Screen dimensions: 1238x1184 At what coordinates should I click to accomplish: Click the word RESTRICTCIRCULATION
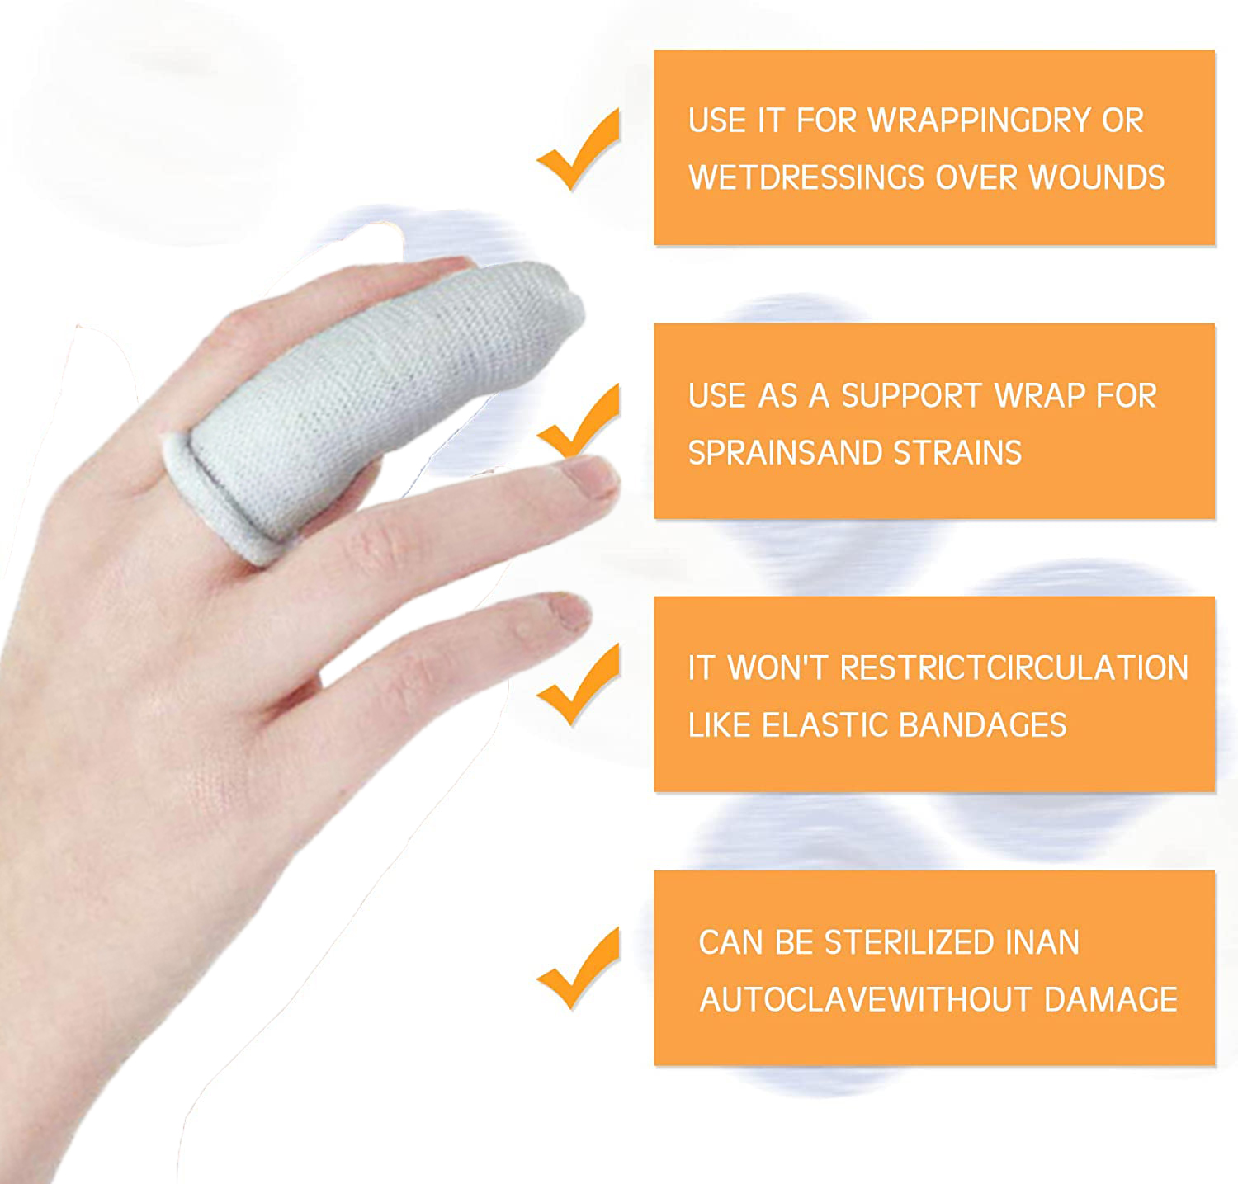(x=1014, y=667)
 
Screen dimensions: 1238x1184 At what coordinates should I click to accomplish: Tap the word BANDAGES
(x=982, y=724)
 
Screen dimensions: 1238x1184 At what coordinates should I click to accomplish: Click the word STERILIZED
(x=910, y=942)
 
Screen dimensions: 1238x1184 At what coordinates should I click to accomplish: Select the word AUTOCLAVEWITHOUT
(x=866, y=999)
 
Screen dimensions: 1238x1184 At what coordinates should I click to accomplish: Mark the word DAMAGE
(x=1111, y=999)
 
